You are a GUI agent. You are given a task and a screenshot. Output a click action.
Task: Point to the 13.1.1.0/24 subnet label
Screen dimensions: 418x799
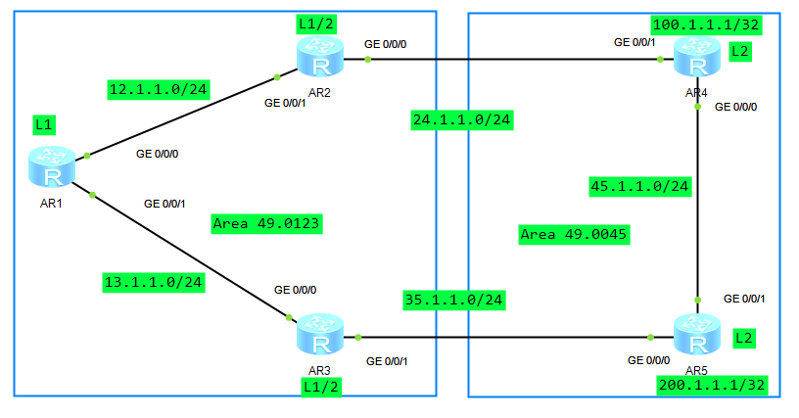coord(154,283)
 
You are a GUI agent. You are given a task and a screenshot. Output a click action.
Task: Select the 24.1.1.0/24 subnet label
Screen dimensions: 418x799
coord(462,120)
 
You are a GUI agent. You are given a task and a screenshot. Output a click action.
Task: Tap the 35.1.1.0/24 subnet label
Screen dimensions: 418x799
coord(454,301)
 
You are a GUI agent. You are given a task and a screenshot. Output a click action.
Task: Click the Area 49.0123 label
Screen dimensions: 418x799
coord(267,223)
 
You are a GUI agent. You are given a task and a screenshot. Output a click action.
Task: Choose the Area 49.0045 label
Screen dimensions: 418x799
coord(574,234)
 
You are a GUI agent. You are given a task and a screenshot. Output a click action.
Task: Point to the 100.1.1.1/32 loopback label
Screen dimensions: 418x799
coord(701,23)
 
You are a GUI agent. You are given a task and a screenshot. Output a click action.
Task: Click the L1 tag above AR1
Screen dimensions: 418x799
coord(43,124)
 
